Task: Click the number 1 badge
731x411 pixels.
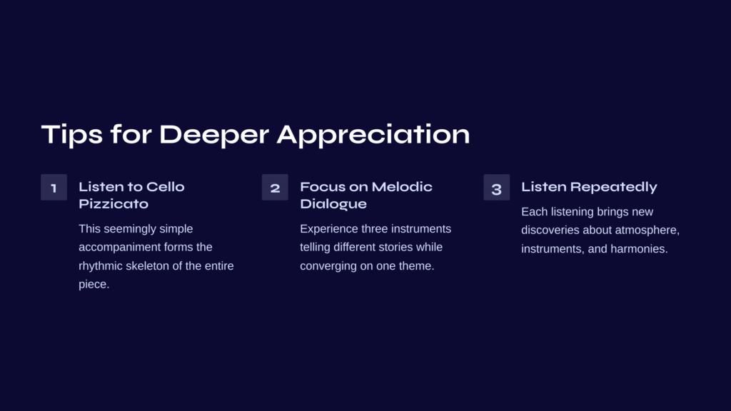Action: click(x=54, y=188)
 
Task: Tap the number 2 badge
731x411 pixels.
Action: click(x=275, y=188)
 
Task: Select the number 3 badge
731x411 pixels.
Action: click(x=497, y=188)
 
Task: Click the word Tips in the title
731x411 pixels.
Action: click(x=72, y=135)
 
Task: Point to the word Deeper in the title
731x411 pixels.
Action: click(x=214, y=135)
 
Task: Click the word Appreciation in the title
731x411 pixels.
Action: click(x=373, y=135)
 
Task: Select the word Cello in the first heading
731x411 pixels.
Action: click(x=165, y=187)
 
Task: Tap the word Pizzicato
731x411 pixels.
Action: click(x=114, y=204)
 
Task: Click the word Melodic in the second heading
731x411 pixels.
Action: click(x=402, y=187)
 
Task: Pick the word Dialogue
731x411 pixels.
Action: click(x=333, y=204)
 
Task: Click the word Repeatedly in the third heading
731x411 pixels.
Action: click(x=613, y=188)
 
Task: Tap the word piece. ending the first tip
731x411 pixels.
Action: click(x=94, y=284)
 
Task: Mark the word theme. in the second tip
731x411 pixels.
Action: click(x=418, y=266)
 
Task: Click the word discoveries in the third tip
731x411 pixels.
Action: click(x=550, y=230)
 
